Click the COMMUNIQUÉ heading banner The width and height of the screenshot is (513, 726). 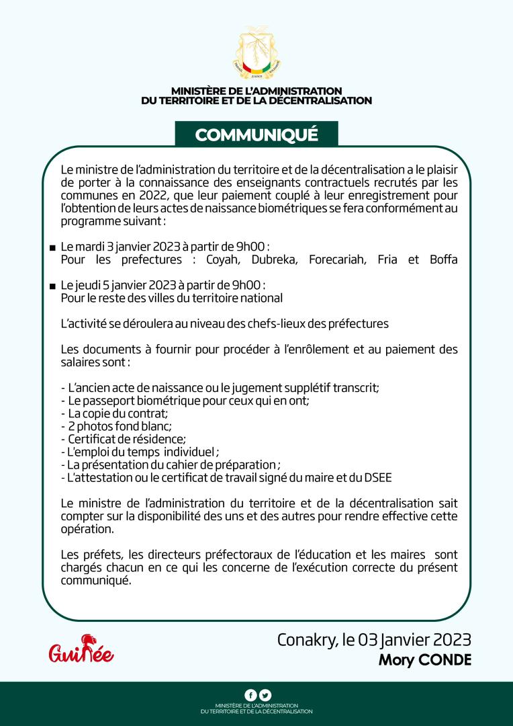tap(256, 134)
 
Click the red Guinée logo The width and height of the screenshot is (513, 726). tap(81, 649)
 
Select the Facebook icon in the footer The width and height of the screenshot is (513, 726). tap(250, 695)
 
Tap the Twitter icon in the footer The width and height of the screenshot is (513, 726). tap(265, 695)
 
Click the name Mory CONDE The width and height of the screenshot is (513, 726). tap(425, 660)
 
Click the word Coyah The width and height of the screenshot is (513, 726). tap(214, 259)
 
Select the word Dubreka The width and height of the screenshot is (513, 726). tap(269, 259)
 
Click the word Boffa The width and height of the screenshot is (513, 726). tap(443, 259)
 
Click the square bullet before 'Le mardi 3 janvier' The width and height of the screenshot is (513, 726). tap(52, 249)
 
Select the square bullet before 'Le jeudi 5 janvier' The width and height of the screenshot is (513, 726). tap(52, 286)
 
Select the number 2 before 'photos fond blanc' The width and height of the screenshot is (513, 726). tap(71, 426)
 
